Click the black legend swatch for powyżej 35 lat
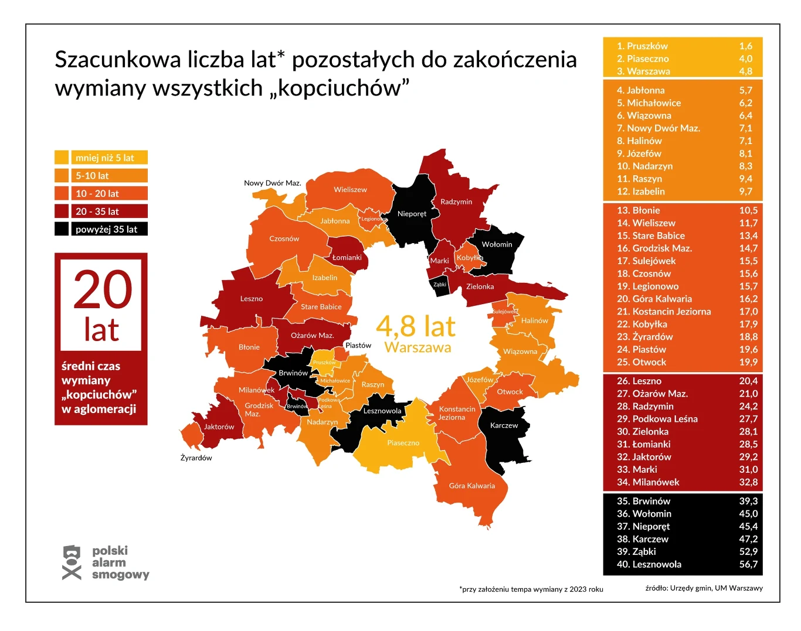click(x=62, y=229)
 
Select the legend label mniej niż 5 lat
click(x=105, y=158)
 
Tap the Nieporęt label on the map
click(x=412, y=214)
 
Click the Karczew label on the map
click(x=504, y=425)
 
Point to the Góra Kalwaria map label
click(x=471, y=486)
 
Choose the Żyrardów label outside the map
click(x=196, y=458)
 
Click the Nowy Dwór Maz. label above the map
click(x=272, y=183)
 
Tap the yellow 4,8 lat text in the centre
click(x=415, y=326)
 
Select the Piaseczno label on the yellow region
click(x=403, y=443)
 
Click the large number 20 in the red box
click(x=103, y=290)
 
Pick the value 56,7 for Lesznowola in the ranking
click(x=748, y=564)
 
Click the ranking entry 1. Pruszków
click(x=642, y=46)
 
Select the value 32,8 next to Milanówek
click(x=748, y=482)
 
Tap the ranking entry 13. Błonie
click(x=638, y=210)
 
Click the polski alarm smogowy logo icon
click(x=72, y=562)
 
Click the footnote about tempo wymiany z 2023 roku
click(x=531, y=589)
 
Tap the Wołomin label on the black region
click(x=497, y=244)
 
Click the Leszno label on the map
click(x=251, y=299)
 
